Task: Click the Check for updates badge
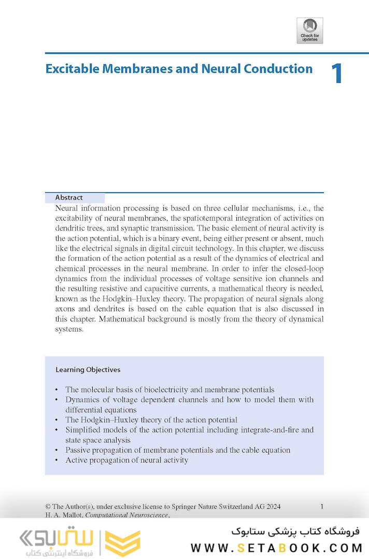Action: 309,31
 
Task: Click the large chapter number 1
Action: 336,74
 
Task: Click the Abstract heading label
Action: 69,197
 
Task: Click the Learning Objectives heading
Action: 88,370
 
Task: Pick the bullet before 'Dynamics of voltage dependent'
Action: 56,400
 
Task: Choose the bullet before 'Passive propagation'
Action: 56,450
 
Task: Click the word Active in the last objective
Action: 77,460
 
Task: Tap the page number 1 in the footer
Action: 322,507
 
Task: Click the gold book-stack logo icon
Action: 122,543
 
